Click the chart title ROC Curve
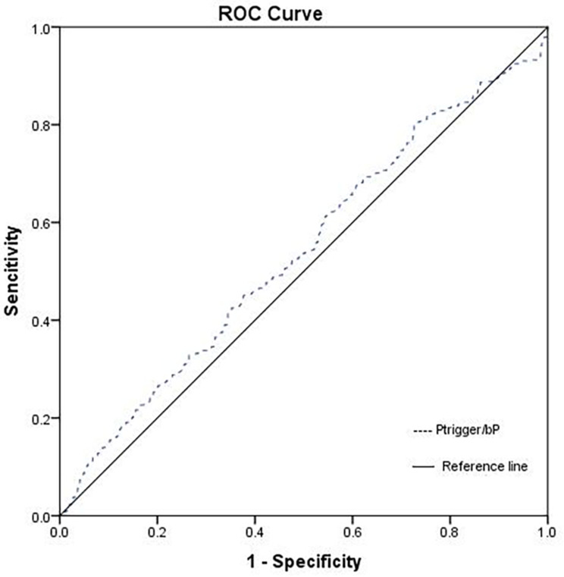pyautogui.click(x=271, y=14)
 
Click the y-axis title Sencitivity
pyautogui.click(x=12, y=271)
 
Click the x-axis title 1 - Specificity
pyautogui.click(x=304, y=562)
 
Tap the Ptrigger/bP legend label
pyautogui.click(x=468, y=430)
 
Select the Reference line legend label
pyautogui.click(x=485, y=466)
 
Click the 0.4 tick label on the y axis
pyautogui.click(x=40, y=321)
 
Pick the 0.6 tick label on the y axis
pyautogui.click(x=40, y=224)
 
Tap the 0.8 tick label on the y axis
pyautogui.click(x=40, y=125)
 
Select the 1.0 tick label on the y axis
pyautogui.click(x=40, y=29)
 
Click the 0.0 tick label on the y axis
pyautogui.click(x=40, y=517)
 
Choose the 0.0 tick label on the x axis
pyautogui.click(x=60, y=532)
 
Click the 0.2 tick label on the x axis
pyautogui.click(x=157, y=532)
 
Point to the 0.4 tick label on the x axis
pyautogui.click(x=255, y=532)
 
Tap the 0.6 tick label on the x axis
pyautogui.click(x=352, y=532)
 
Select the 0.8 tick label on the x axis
pyautogui.click(x=450, y=532)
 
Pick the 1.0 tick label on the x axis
pyautogui.click(x=547, y=532)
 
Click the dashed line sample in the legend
pyautogui.click(x=422, y=431)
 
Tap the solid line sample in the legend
pyautogui.click(x=423, y=466)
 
